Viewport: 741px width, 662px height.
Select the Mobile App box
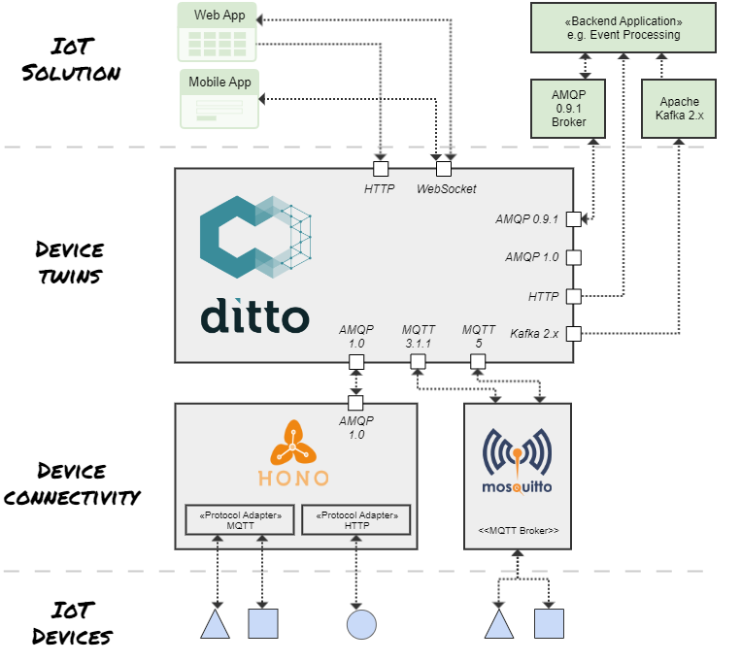coord(219,98)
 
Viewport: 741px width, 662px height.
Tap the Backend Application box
coord(622,27)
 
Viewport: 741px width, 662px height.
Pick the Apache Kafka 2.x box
coord(679,108)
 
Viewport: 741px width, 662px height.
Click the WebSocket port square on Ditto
coord(443,167)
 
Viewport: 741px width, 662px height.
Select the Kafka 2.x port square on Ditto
coord(573,334)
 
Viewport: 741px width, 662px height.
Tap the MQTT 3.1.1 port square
coord(418,362)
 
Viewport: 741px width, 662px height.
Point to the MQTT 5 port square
coord(477,362)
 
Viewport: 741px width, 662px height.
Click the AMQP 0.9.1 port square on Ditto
coord(573,218)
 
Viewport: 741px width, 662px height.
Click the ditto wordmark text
coord(254,315)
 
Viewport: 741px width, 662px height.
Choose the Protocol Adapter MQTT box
coord(239,519)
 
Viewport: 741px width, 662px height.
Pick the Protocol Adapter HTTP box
coord(356,519)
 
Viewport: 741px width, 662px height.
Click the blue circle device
coord(361,623)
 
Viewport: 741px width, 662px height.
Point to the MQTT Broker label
coord(518,531)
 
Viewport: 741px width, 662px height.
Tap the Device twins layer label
coord(69,262)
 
